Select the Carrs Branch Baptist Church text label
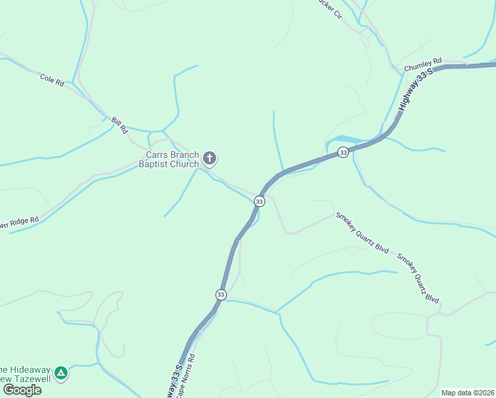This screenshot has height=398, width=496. [x=168, y=159]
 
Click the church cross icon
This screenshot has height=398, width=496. [x=210, y=159]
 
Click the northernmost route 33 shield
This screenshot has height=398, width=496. [x=343, y=152]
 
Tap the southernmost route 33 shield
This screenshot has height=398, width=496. [x=221, y=294]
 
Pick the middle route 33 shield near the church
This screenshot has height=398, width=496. [x=259, y=201]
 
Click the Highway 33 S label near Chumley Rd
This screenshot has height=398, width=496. [x=415, y=88]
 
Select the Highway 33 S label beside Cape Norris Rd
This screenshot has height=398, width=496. [x=176, y=381]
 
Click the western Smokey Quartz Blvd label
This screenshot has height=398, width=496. [x=361, y=232]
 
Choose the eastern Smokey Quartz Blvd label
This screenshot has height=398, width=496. [x=418, y=277]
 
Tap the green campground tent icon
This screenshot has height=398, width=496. [x=61, y=373]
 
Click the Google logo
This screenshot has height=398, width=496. [x=22, y=390]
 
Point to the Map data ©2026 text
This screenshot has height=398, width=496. [x=467, y=393]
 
